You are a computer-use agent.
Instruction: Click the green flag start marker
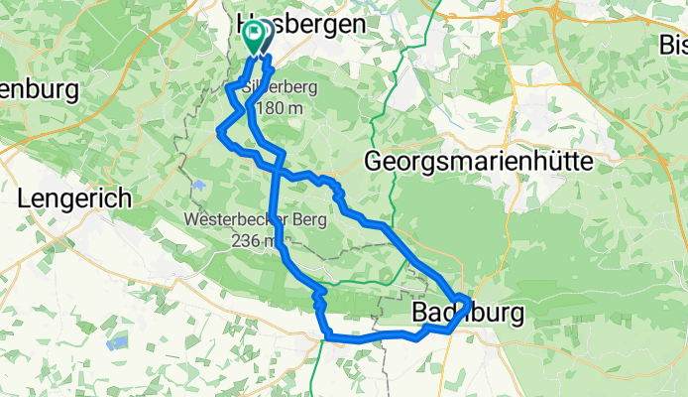(252, 37)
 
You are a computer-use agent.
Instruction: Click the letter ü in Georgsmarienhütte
(555, 161)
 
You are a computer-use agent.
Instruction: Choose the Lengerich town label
(74, 198)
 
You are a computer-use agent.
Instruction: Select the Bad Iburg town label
(466, 314)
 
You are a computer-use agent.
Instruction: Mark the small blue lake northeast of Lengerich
(199, 185)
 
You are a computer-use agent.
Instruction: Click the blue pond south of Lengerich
(118, 343)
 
